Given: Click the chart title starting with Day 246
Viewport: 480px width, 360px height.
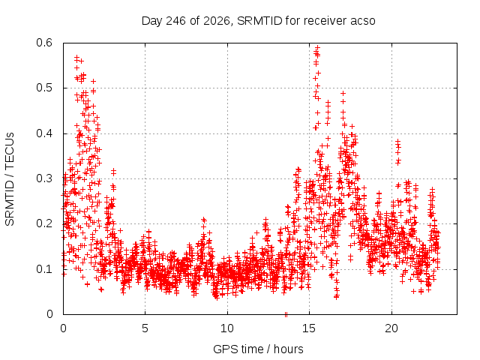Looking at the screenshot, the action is (258, 21).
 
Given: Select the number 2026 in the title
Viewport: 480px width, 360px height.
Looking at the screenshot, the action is (217, 21).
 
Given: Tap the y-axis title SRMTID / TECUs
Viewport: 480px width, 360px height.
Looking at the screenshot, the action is (10, 179).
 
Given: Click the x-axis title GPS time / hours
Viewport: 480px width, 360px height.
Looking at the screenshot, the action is (258, 349).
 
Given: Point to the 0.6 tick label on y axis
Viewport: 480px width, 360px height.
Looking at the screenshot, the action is (44, 43).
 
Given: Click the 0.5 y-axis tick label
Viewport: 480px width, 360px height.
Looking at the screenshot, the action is (44, 88).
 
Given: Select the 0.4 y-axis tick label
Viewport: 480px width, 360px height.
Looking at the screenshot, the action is (44, 133).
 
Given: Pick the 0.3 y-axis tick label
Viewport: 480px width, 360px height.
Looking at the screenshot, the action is (44, 178).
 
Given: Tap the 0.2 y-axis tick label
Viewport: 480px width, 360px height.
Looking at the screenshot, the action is (44, 223).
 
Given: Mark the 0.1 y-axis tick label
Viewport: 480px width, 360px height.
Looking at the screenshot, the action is (44, 269).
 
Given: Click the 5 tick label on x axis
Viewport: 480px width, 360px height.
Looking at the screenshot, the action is (145, 328).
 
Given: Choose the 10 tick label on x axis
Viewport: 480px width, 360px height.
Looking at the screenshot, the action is (227, 328).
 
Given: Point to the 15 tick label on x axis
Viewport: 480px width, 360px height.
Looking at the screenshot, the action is (309, 328).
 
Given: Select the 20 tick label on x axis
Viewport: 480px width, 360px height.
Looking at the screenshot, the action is (391, 328).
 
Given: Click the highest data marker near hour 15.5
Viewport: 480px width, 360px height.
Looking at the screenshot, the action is (318, 47).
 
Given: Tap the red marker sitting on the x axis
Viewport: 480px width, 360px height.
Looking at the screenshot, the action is (286, 314).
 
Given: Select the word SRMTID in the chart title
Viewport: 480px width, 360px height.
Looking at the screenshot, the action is (259, 21).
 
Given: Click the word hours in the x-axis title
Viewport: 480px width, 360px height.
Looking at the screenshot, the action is (288, 349).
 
